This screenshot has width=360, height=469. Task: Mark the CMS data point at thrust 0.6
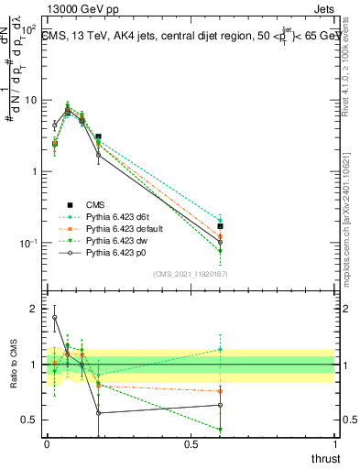[220, 225]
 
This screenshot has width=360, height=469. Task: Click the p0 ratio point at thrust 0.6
[220, 405]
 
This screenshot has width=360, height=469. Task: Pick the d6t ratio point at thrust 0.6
[220, 349]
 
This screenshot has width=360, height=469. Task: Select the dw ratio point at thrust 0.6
[220, 429]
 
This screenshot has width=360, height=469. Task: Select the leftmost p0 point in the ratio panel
[54, 318]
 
